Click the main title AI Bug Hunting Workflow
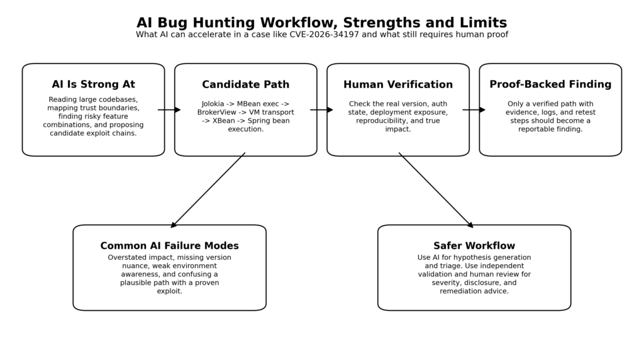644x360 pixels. click(x=321, y=23)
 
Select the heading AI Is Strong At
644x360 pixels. click(x=93, y=84)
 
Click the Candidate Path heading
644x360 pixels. click(x=245, y=84)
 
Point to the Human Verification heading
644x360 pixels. click(x=397, y=84)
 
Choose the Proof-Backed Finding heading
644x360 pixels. click(x=550, y=84)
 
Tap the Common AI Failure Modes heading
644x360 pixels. click(x=169, y=246)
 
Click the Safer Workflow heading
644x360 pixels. click(x=474, y=246)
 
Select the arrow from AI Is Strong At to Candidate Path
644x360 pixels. click(x=169, y=110)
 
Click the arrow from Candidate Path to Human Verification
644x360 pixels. click(x=321, y=110)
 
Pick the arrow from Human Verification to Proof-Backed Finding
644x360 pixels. click(x=474, y=110)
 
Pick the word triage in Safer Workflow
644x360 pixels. click(x=441, y=266)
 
